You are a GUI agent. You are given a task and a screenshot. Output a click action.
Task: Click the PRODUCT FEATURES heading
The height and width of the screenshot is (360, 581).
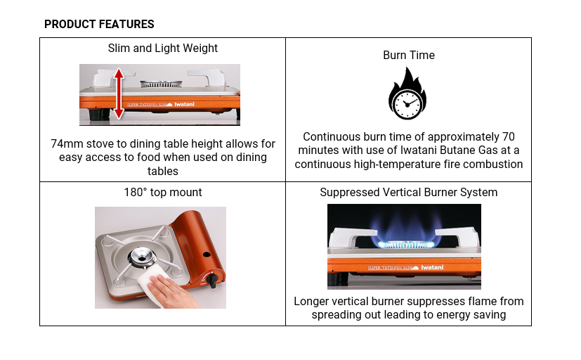click(99, 24)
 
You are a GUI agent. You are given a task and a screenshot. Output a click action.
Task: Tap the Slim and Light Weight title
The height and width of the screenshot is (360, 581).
click(163, 49)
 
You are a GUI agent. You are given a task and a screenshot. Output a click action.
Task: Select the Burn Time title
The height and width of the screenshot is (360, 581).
click(409, 56)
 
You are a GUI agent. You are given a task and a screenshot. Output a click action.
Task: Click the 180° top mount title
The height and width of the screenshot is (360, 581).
click(163, 193)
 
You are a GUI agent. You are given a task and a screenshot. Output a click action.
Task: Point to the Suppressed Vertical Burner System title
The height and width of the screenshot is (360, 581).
click(409, 193)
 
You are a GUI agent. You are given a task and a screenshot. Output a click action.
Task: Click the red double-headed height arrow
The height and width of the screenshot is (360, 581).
click(119, 94)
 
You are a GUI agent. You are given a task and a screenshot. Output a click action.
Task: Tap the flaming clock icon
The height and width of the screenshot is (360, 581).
click(407, 94)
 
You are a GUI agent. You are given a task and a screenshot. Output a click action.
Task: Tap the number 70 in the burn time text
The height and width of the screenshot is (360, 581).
click(509, 137)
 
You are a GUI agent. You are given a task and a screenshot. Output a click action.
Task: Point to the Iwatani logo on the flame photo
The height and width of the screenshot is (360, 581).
click(432, 267)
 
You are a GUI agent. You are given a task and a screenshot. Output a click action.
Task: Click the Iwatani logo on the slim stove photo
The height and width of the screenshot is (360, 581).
click(184, 104)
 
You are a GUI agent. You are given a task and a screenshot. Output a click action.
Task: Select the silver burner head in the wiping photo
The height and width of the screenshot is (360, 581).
click(142, 257)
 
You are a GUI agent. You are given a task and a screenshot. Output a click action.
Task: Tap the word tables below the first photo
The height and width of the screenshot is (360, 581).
click(163, 172)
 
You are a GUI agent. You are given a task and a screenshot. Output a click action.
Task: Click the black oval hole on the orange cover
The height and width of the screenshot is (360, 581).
click(207, 255)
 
